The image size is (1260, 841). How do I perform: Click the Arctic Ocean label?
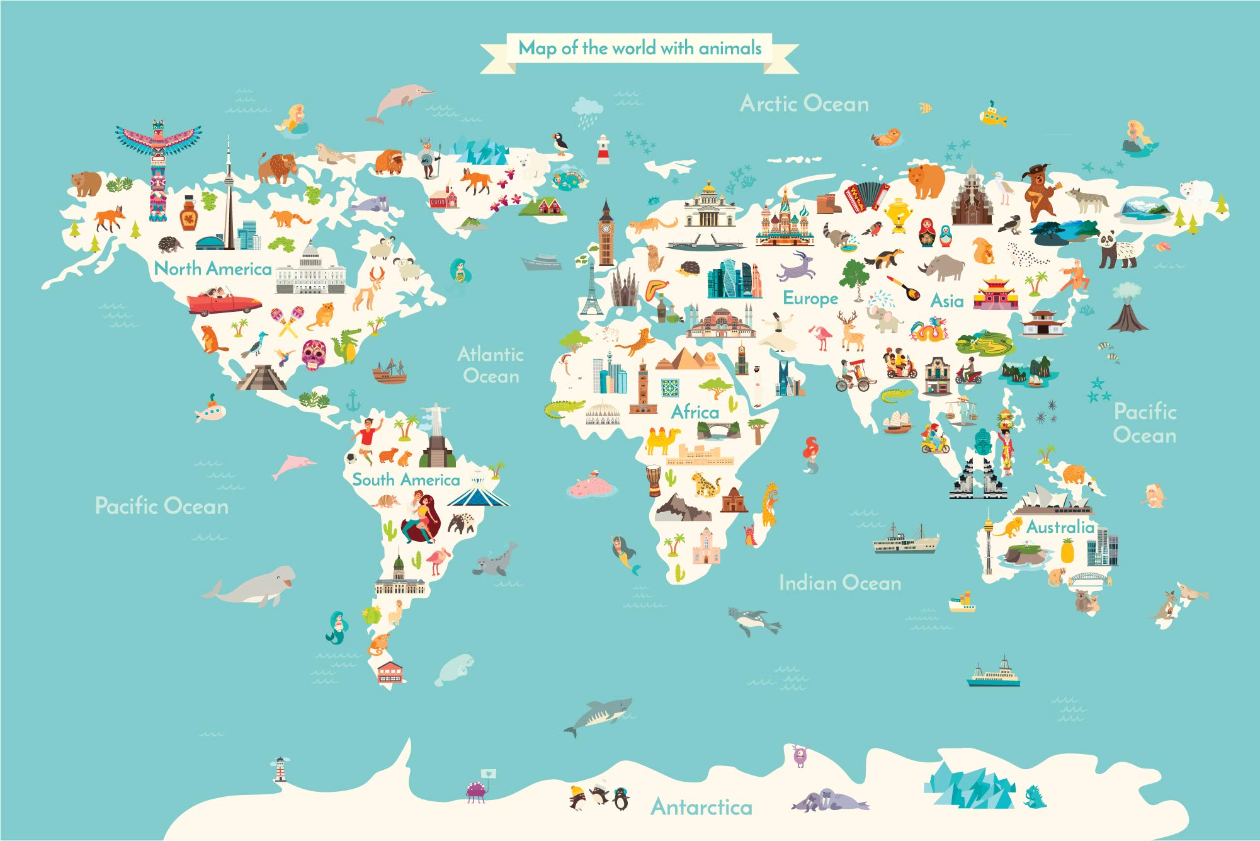pos(804,103)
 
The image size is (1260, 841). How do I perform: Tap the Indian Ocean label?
pos(839,583)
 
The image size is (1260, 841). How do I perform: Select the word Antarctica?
pos(701,807)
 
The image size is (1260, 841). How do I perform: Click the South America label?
pos(406,479)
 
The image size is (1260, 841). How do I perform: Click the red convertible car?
pos(224,302)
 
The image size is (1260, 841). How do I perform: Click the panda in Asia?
pos(1118,249)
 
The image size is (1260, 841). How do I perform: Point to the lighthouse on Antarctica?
pos(280,769)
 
